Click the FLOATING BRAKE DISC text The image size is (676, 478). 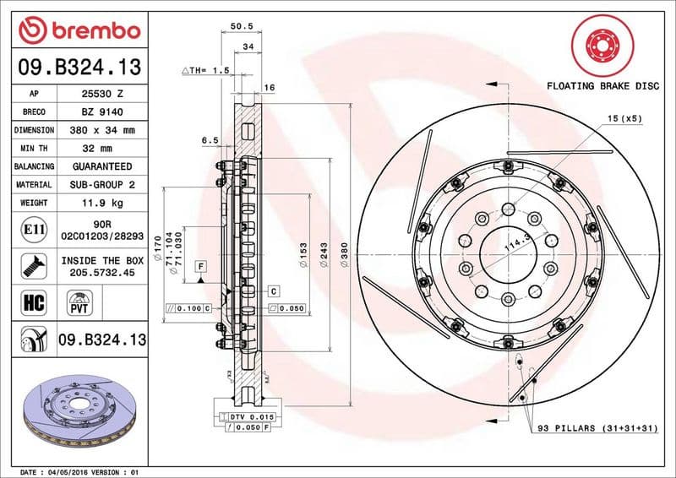click(x=601, y=86)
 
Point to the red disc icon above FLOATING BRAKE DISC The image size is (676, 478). click(x=601, y=42)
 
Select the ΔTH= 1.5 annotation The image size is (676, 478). click(x=206, y=71)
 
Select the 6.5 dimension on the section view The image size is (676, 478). click(x=210, y=139)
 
